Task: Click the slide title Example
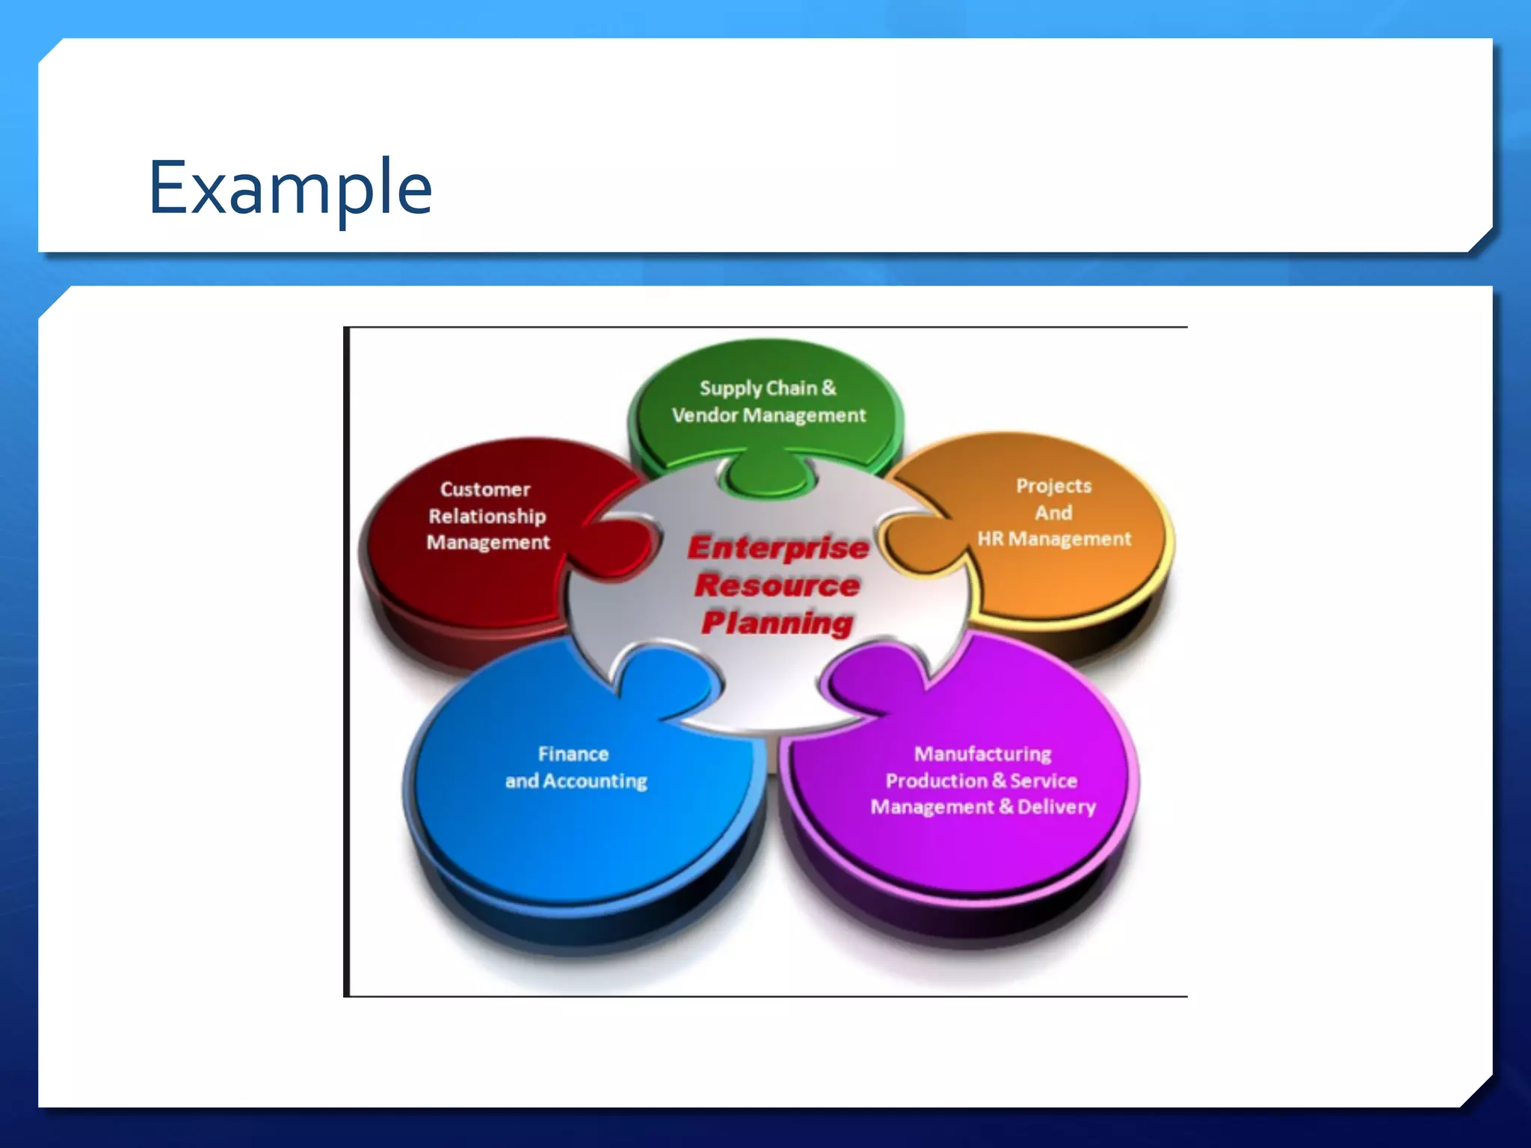[x=290, y=188]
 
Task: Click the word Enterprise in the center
[x=778, y=548]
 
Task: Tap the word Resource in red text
[x=777, y=585]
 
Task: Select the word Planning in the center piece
[x=777, y=623]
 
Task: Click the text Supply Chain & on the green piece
[x=768, y=388]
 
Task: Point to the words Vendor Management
[x=768, y=415]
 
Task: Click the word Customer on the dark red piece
[x=485, y=490]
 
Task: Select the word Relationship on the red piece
[x=487, y=516]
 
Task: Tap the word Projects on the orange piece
[x=1053, y=486]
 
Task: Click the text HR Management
[x=1054, y=539]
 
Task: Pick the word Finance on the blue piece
[x=573, y=754]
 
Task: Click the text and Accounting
[x=576, y=781]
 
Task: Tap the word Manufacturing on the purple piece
[x=982, y=754]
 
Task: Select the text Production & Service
[x=982, y=781]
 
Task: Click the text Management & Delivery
[x=983, y=807]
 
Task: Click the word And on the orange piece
[x=1053, y=513]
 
